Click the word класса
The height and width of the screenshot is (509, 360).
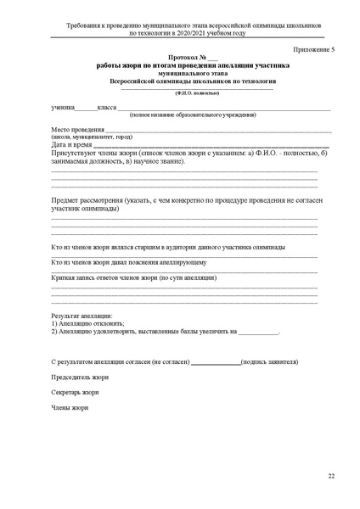coord(106,108)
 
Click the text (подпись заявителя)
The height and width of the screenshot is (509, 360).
coord(269,361)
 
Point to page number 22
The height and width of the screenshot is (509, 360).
coord(331,477)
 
